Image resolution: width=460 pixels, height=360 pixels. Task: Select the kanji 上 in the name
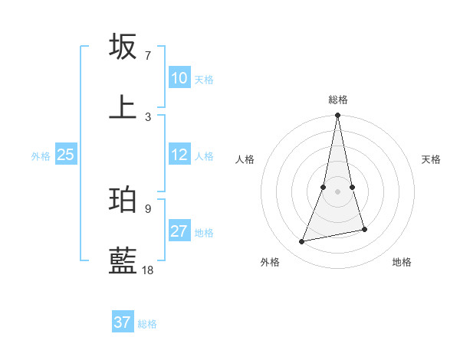[123, 107]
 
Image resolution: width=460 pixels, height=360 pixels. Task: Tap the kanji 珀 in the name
[123, 199]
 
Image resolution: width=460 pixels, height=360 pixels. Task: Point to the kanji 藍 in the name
[123, 261]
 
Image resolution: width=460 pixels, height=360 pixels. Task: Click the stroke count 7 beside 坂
[148, 56]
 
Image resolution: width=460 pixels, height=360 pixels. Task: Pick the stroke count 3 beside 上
[148, 116]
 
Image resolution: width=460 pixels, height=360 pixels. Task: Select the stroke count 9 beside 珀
[148, 208]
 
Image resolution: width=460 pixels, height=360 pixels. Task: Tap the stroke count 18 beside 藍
[148, 270]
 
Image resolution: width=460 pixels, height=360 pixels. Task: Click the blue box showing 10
[179, 78]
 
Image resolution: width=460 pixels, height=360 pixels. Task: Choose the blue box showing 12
[179, 155]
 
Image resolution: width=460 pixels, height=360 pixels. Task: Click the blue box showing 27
[179, 231]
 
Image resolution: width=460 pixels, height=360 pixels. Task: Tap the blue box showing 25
[65, 155]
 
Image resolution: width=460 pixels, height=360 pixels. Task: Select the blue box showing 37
[122, 322]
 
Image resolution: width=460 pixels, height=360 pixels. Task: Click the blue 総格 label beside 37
[147, 324]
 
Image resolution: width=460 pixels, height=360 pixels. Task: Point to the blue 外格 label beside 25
[41, 156]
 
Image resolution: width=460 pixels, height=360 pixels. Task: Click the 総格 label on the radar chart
[338, 100]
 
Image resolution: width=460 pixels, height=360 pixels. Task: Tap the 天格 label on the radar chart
[431, 159]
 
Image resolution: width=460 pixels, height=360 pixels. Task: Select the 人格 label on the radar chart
[245, 159]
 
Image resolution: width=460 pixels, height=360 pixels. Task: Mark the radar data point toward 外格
[302, 241]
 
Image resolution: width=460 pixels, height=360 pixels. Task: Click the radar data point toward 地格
[364, 229]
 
